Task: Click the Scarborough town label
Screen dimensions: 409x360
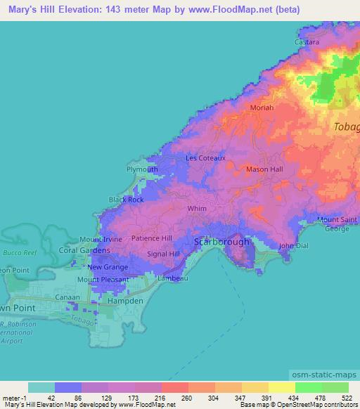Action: point(221,242)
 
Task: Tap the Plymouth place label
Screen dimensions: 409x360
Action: point(141,169)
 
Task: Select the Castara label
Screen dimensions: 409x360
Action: point(307,42)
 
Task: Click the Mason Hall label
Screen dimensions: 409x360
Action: point(264,169)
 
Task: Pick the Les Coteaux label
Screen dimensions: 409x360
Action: point(205,158)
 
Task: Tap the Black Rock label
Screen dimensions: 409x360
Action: point(126,200)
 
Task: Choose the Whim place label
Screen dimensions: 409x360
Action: point(196,209)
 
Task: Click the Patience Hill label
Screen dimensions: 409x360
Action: point(152,238)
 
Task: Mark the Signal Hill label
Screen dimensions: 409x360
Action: point(164,254)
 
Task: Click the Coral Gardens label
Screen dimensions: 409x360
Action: point(84,250)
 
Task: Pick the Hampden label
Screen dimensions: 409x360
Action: point(127,301)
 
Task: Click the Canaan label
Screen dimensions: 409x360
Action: point(70,296)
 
